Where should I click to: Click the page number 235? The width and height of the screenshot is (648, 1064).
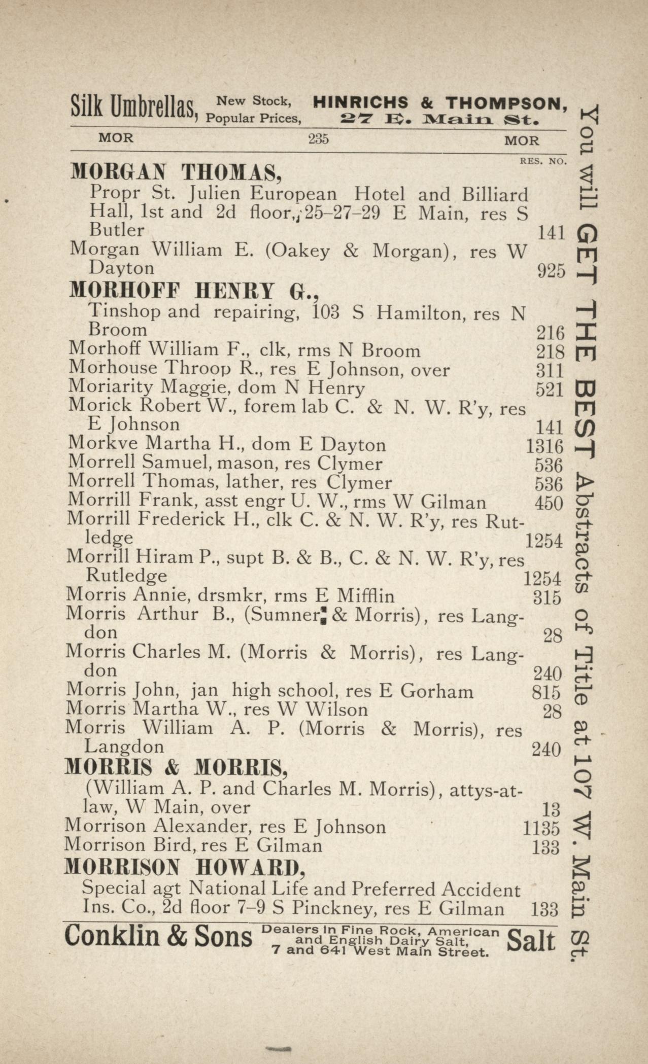(318, 138)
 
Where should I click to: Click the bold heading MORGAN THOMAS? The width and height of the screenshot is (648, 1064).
(176, 173)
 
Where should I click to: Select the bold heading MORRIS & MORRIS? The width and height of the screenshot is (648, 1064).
(176, 768)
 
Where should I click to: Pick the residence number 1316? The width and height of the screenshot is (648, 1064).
(545, 447)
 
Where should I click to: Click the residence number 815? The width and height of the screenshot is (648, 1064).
(547, 693)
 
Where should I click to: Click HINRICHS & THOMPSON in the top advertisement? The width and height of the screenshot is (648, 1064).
(439, 103)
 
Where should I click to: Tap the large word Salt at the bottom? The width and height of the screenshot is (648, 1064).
(531, 941)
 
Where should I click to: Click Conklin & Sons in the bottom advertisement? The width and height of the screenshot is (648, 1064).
(158, 937)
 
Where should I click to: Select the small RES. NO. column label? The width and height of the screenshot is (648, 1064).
(542, 161)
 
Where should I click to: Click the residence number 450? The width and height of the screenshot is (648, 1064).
(549, 504)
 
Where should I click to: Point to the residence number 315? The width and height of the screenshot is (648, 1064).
(547, 598)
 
